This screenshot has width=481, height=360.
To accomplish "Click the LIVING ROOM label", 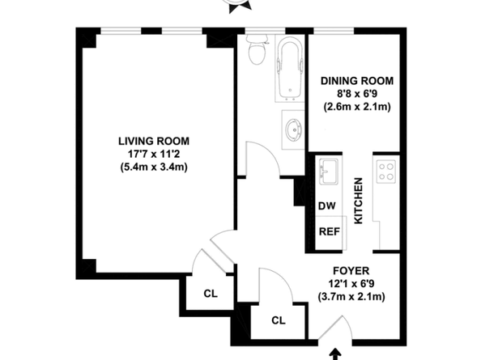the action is click(x=154, y=141).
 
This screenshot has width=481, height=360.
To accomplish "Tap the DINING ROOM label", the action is click(x=357, y=81).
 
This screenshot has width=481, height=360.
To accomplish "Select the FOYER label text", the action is click(x=351, y=271).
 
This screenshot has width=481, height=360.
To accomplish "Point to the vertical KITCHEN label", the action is click(x=358, y=201).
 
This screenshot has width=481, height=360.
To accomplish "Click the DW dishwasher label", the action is click(x=326, y=206).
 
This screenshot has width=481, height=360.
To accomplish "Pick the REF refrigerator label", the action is click(x=330, y=231).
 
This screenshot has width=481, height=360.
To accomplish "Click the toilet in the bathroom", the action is click(x=257, y=49).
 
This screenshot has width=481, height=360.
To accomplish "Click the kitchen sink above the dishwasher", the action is click(x=329, y=172).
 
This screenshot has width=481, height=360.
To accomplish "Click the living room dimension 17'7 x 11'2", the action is click(x=154, y=154).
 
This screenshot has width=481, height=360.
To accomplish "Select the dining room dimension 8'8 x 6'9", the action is click(x=357, y=94).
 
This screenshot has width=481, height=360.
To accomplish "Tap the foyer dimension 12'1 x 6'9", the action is click(x=351, y=284).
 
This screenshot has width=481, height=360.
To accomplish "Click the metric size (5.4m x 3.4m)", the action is click(x=154, y=167).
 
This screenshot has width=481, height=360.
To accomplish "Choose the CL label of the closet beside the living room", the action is click(x=211, y=294).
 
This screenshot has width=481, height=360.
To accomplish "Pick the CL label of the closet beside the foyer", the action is click(x=279, y=320).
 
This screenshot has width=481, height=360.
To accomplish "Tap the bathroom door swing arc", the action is click(x=269, y=150).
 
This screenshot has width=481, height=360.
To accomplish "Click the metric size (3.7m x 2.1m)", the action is click(x=351, y=297).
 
